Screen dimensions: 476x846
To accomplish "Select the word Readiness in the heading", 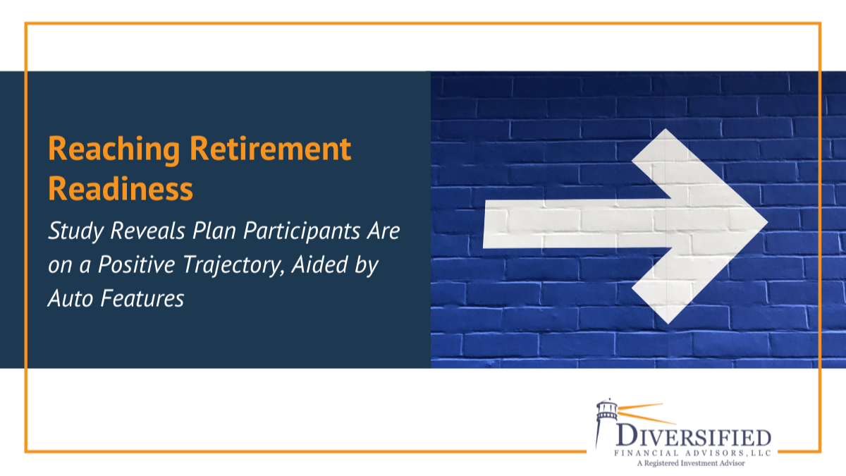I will point(120,189).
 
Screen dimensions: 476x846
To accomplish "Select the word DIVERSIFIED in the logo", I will point(693,434).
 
